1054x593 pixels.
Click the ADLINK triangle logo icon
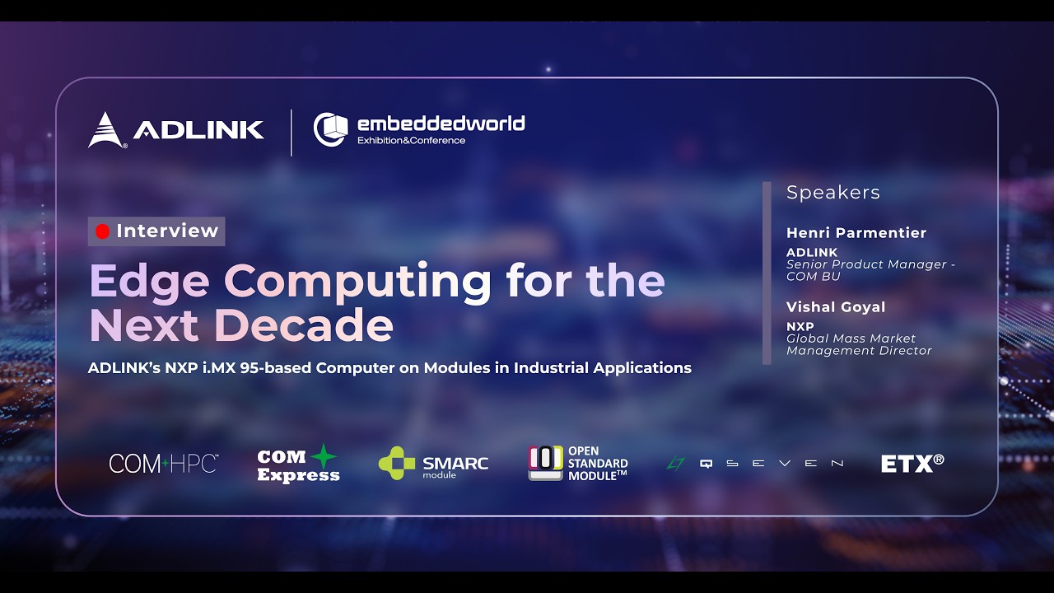pyautogui.click(x=105, y=130)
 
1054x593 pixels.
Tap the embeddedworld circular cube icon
pyautogui.click(x=330, y=129)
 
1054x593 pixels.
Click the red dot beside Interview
pyautogui.click(x=102, y=231)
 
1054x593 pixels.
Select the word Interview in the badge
pyautogui.click(x=167, y=231)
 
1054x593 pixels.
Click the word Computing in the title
pyautogui.click(x=358, y=281)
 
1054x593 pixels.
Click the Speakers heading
pyautogui.click(x=832, y=193)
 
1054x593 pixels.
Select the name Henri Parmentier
pyautogui.click(x=856, y=233)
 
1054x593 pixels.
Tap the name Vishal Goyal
pyautogui.click(x=836, y=307)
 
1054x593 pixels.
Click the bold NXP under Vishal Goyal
pyautogui.click(x=800, y=327)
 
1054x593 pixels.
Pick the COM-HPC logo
pyautogui.click(x=163, y=464)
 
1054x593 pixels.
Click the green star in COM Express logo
pyautogui.click(x=323, y=456)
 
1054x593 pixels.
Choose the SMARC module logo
pyautogui.click(x=433, y=464)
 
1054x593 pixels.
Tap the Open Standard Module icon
pyautogui.click(x=545, y=463)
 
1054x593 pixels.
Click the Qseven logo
pyautogui.click(x=754, y=464)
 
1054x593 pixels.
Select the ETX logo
pyautogui.click(x=912, y=464)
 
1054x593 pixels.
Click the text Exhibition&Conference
pyautogui.click(x=411, y=141)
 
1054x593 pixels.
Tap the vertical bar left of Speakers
pyautogui.click(x=767, y=273)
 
